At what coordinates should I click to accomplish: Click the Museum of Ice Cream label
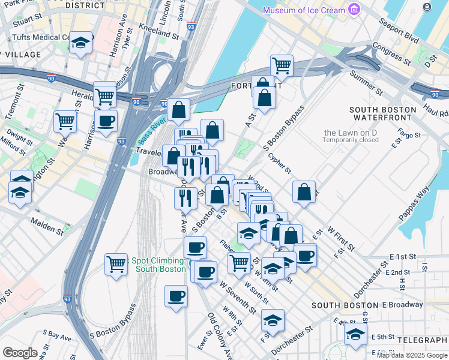pos(305,10)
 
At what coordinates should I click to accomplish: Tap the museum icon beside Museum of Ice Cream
pos(354,10)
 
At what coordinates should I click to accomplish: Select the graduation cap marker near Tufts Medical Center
pos(80,43)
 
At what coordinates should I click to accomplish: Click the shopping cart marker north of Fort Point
pos(281,65)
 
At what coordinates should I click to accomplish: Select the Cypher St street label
pos(280,160)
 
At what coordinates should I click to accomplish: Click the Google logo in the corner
pos(20,353)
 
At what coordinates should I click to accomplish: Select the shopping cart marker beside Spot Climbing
pos(116,263)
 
